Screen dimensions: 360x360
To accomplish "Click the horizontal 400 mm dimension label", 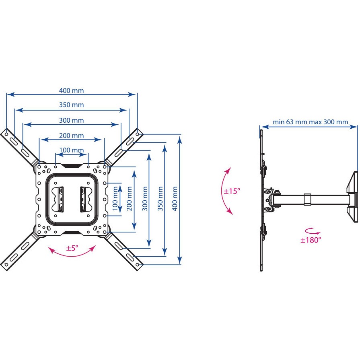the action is click(x=72, y=91).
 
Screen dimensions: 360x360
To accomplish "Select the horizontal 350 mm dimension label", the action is click(x=72, y=105).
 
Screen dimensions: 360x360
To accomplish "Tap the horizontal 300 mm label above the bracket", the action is click(x=72, y=120).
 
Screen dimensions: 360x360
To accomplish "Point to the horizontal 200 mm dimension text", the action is click(x=72, y=136).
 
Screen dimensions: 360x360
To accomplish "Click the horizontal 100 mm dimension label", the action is click(x=72, y=150).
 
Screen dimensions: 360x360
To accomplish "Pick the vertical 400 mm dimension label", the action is click(x=175, y=199).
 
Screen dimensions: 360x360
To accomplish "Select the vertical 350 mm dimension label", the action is click(x=160, y=199).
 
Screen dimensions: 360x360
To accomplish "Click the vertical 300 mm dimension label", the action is click(x=145, y=199).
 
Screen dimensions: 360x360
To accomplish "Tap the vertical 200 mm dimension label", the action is click(x=130, y=199).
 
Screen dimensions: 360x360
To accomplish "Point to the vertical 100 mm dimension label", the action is click(x=115, y=199).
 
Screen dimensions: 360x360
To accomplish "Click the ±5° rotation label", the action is click(x=72, y=248).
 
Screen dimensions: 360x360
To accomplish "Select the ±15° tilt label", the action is click(x=232, y=191).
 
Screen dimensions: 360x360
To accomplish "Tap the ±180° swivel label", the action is click(x=311, y=240).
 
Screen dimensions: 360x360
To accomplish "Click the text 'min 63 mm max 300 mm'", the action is click(x=311, y=122).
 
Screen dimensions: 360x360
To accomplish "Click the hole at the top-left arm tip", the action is click(x=7, y=134).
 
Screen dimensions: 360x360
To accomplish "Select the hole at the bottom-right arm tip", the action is click(x=137, y=265).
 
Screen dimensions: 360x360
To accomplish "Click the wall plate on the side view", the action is click(x=353, y=197).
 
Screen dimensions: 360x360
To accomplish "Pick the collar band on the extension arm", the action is click(x=307, y=199).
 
